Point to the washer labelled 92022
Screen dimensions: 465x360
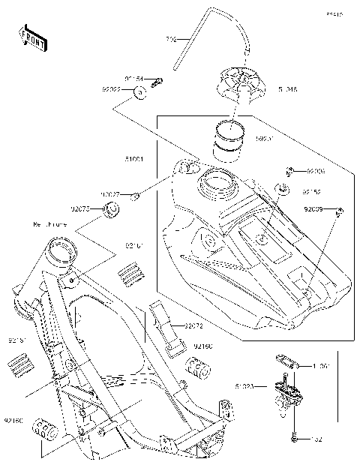140,94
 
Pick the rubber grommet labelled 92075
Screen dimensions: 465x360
110,208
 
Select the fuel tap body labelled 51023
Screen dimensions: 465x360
286,390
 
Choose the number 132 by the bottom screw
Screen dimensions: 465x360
316,437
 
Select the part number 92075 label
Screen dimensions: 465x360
81,209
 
